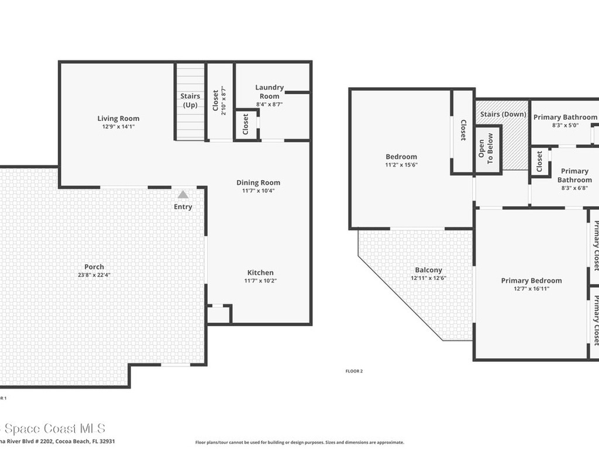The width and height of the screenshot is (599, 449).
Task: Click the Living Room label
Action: pos(118,119)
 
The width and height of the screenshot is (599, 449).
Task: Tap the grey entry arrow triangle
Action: pos(183,195)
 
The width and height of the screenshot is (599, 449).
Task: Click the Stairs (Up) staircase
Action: pos(190,101)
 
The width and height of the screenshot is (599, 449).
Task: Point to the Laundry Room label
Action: pos(269,92)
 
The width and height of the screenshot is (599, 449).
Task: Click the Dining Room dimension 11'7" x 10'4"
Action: pos(258,191)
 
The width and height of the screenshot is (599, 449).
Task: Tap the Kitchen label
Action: pos(260,272)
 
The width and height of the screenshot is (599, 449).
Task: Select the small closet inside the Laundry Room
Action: pos(246,124)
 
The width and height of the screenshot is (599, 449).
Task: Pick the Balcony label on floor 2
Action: pos(428,270)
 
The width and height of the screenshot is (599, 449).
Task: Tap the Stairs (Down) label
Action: pos(503,115)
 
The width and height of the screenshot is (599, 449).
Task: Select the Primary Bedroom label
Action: pos(531,281)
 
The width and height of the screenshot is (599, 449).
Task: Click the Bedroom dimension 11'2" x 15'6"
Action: pos(401,165)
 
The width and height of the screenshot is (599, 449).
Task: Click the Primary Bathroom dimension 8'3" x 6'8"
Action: pos(574,188)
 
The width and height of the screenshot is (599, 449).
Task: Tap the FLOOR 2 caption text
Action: pos(354,371)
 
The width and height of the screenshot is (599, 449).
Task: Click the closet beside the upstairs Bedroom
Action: pos(462,131)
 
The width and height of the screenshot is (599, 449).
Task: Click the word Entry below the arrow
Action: pos(183,206)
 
